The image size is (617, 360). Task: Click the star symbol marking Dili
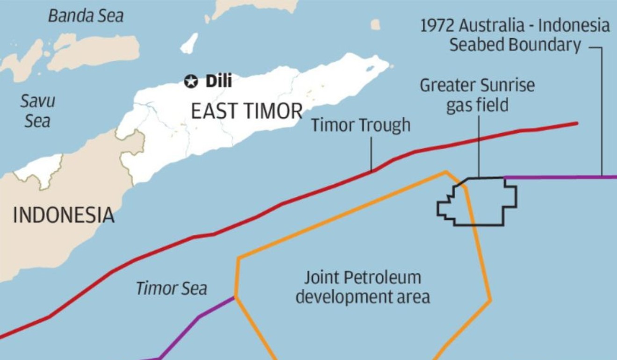pos(191,81)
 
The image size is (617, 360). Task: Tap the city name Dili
pos(218,81)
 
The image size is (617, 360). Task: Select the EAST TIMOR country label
pos(247,111)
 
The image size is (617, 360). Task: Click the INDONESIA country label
pos(64,215)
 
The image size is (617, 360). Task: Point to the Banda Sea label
pos(86,16)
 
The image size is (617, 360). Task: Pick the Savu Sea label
pos(38,111)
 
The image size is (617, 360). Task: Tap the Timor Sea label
pos(171,288)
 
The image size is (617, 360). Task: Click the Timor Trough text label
pos(360,125)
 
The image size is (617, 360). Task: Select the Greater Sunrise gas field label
pos(477,95)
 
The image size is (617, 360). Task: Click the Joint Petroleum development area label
pos(363,287)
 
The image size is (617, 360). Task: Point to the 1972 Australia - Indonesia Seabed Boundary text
pos(515,36)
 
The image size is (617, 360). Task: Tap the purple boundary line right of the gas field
pos(561,177)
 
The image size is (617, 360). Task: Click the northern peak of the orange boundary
pos(446,172)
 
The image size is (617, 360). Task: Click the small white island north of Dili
pos(189,43)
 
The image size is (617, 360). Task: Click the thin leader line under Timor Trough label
pos(372,154)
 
